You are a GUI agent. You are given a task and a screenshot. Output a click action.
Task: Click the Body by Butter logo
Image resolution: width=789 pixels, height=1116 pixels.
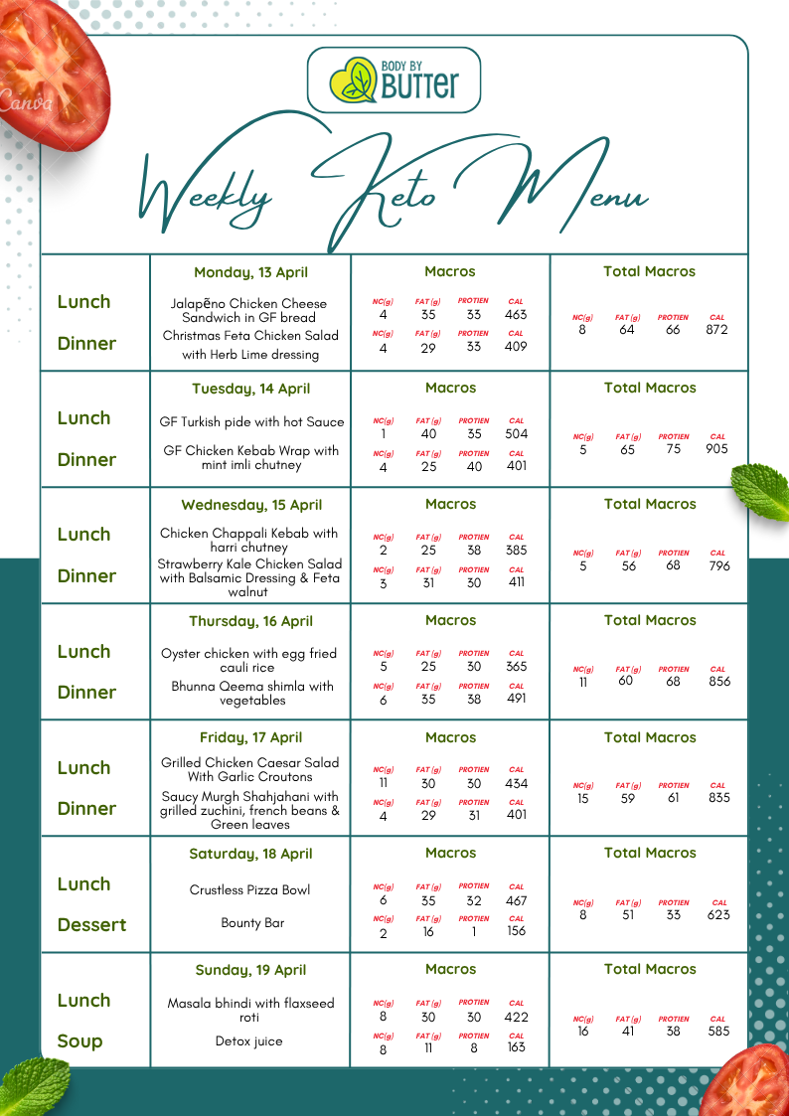394,80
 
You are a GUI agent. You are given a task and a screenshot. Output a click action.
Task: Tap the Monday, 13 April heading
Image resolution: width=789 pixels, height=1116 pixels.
250,272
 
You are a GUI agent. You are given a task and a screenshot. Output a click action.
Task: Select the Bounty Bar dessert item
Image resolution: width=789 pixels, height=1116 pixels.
252,923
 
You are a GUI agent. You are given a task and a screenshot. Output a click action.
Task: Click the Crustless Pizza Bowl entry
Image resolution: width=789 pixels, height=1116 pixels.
249,889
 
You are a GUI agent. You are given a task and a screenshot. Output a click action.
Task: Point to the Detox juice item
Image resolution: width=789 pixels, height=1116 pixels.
248,1041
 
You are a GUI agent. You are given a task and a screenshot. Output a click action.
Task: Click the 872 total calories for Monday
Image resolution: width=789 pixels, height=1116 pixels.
717,330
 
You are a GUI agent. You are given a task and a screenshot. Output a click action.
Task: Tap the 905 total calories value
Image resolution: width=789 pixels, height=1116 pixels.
717,449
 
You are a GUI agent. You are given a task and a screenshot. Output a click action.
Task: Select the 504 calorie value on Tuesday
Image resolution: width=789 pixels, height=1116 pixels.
517,434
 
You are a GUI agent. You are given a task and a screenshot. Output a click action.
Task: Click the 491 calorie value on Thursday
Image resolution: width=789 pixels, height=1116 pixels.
517,699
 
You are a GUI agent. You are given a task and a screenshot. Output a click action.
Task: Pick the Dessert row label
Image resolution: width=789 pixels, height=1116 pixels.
91,925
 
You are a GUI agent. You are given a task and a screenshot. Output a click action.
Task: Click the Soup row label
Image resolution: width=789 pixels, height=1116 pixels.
79,1041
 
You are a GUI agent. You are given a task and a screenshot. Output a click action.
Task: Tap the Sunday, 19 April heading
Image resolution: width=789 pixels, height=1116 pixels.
249,970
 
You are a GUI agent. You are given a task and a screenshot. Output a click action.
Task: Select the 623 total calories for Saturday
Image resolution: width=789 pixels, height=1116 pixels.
718,915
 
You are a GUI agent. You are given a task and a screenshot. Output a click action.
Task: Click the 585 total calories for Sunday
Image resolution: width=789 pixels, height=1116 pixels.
718,1032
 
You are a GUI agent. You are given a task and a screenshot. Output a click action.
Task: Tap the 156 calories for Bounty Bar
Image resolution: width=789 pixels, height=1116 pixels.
517,931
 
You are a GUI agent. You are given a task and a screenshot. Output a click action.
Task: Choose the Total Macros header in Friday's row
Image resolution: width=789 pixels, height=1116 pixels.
649,737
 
